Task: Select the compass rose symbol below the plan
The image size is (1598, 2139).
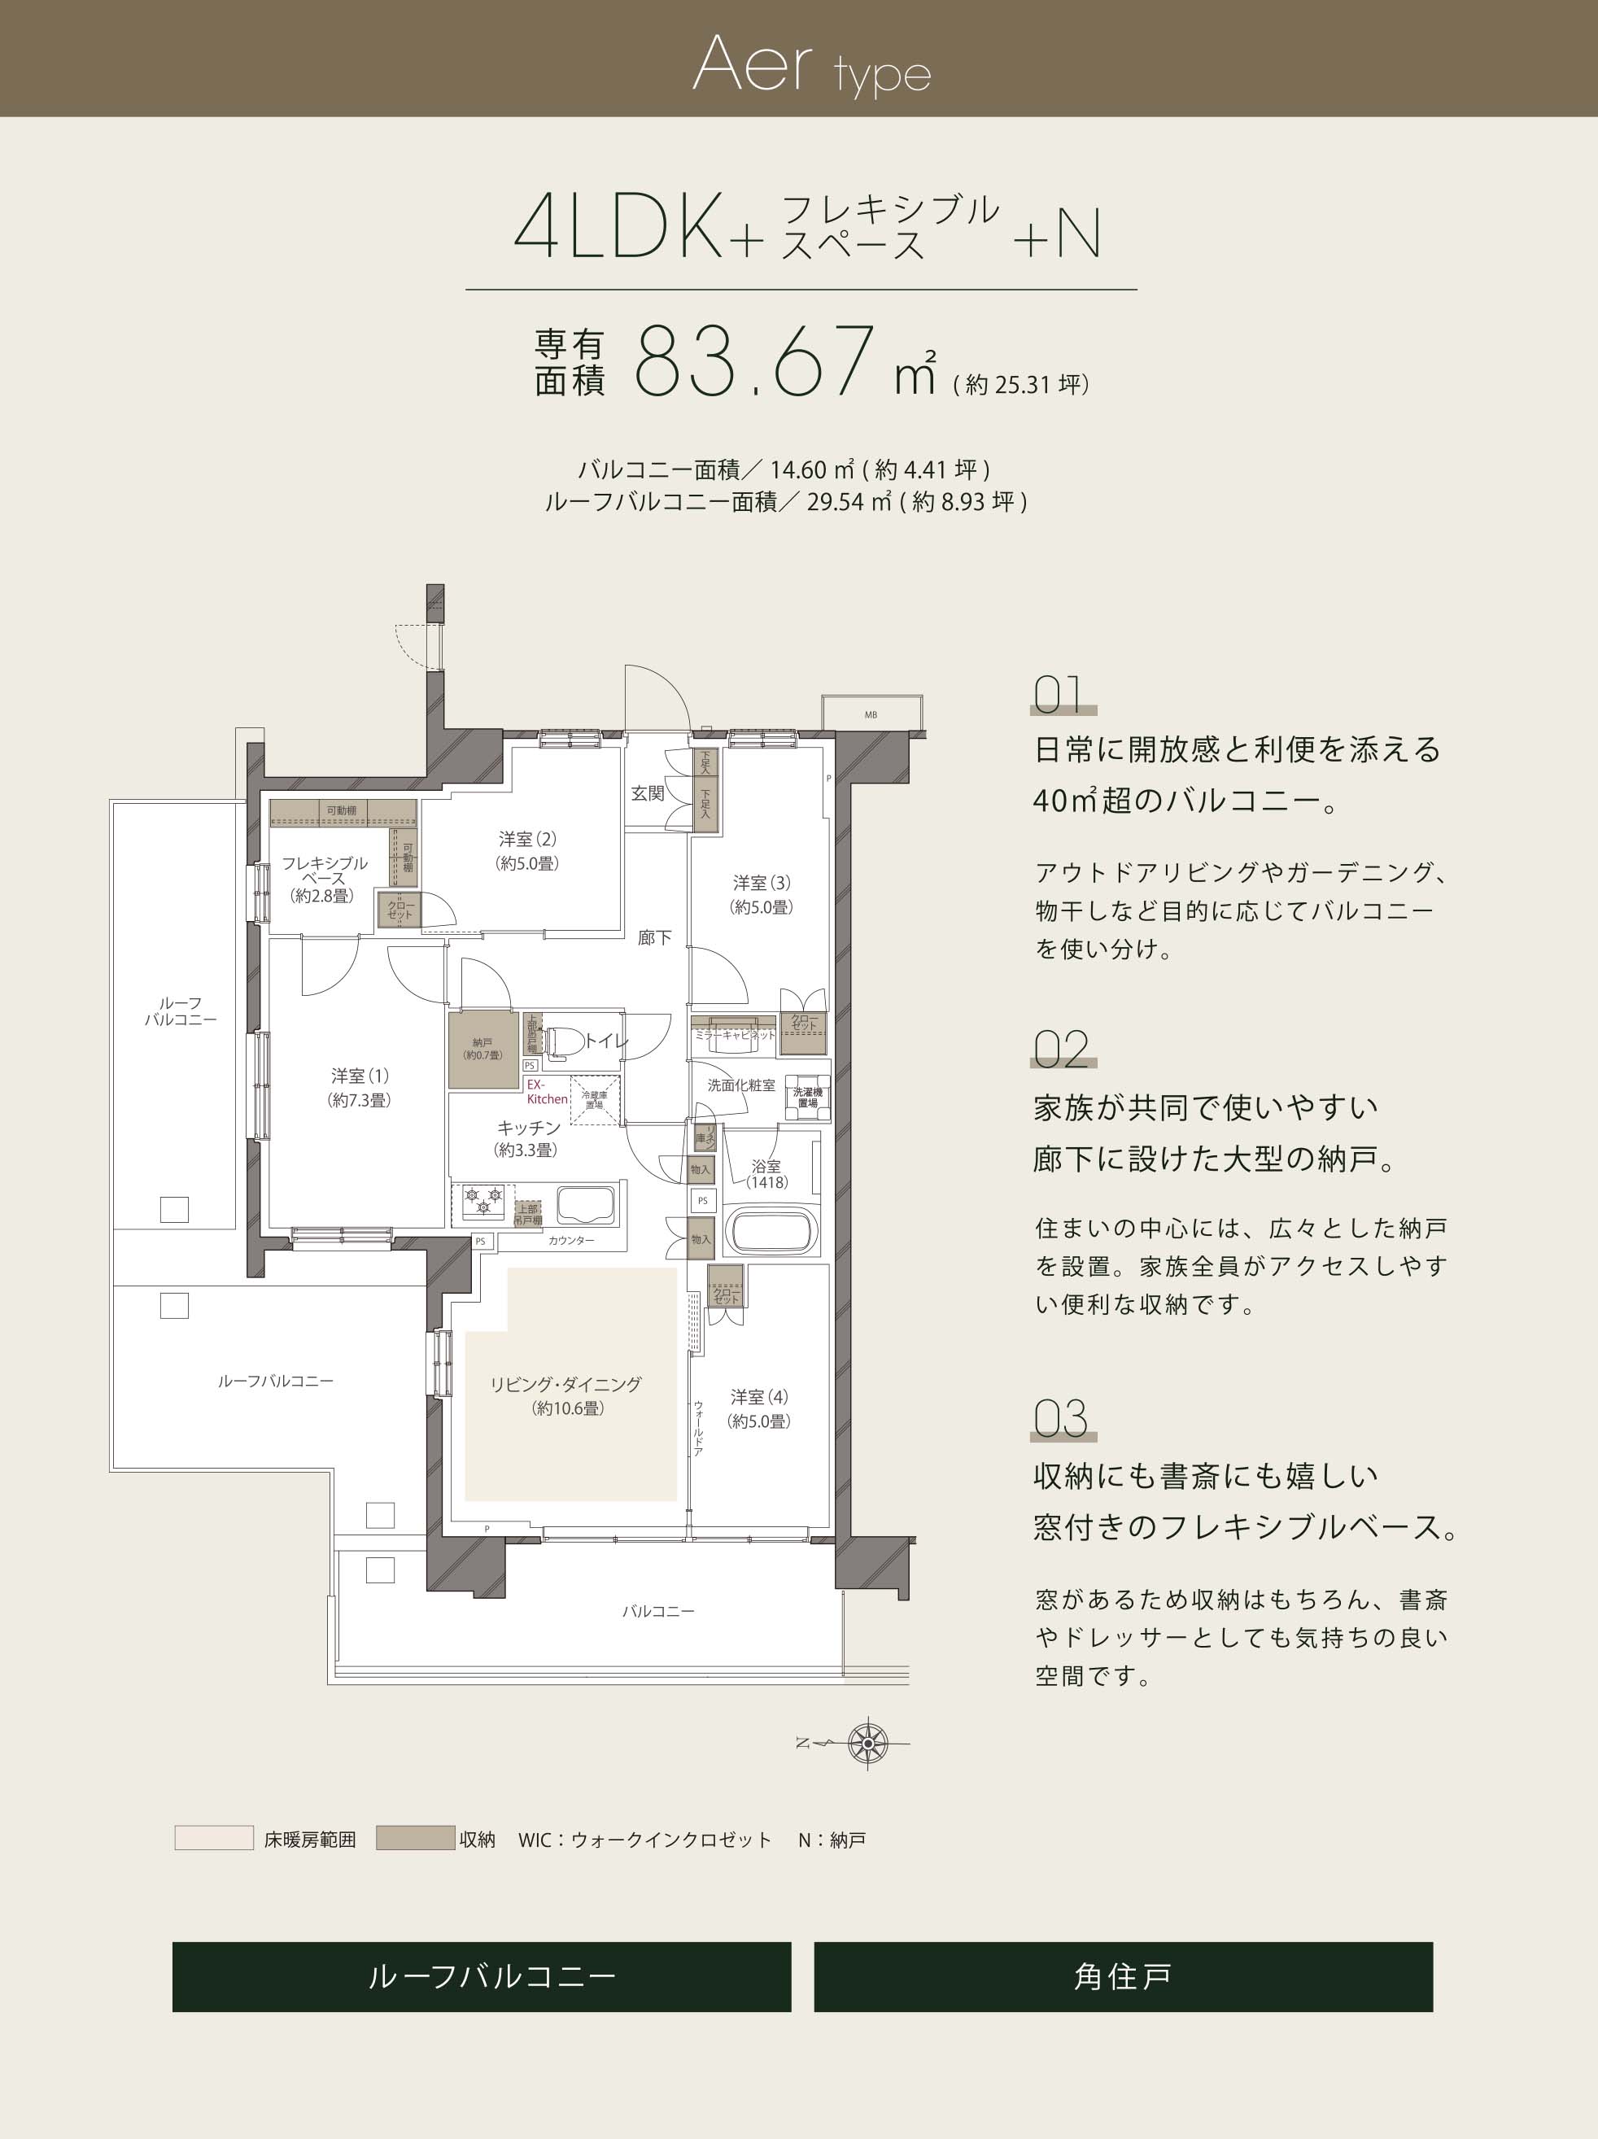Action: click(867, 1743)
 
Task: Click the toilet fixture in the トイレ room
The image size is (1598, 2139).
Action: click(563, 1041)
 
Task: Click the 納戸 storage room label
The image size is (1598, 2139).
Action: click(482, 1048)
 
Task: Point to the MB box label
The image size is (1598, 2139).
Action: click(871, 714)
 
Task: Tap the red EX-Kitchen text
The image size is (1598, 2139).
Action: click(547, 1092)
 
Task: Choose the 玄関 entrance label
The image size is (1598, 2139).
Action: click(647, 793)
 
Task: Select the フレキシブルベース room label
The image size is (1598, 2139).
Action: click(324, 878)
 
